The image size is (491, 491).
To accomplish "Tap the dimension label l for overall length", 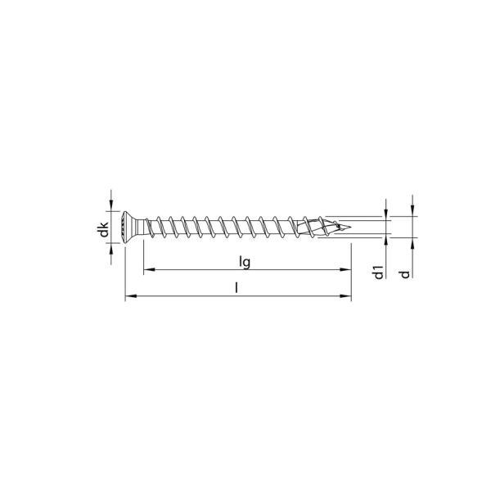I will coord(236,288).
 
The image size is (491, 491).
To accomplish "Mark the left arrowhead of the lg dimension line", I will coord(148,269).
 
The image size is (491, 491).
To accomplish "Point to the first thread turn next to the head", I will coord(155,227).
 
